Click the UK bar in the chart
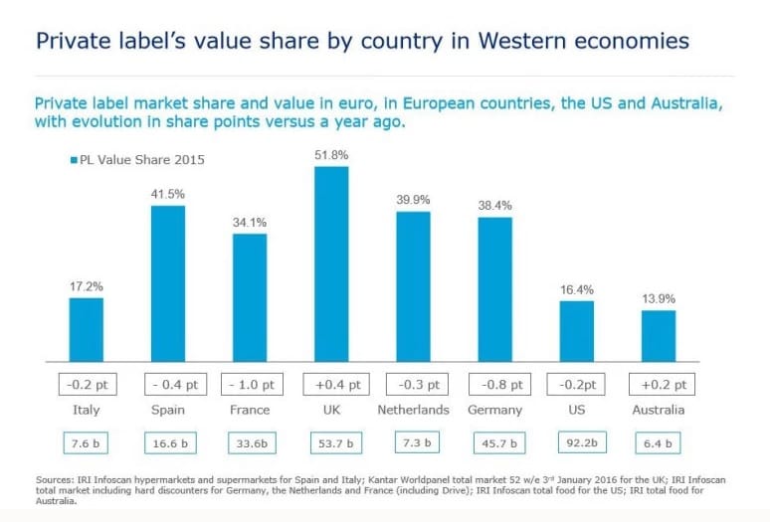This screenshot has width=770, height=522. (331, 263)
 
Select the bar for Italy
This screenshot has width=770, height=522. (87, 330)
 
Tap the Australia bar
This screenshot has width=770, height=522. (659, 336)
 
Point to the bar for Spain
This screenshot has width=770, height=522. (168, 283)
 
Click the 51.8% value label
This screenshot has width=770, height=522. (331, 155)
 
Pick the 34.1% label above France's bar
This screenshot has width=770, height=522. (250, 223)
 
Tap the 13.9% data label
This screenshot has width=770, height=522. (659, 298)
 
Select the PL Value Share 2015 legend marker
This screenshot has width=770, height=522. (75, 160)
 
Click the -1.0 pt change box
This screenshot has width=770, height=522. (252, 384)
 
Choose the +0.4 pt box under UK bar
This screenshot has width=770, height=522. (336, 384)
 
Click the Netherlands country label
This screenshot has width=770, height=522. (413, 410)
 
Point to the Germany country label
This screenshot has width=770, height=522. (495, 410)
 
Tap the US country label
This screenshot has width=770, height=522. (577, 410)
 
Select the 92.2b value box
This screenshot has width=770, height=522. (582, 442)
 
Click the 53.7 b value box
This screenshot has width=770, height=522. (336, 443)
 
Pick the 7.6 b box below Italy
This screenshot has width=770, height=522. (86, 443)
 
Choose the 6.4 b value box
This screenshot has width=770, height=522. (658, 443)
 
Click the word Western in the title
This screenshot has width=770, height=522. (522, 40)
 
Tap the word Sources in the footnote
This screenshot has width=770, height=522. (54, 480)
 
